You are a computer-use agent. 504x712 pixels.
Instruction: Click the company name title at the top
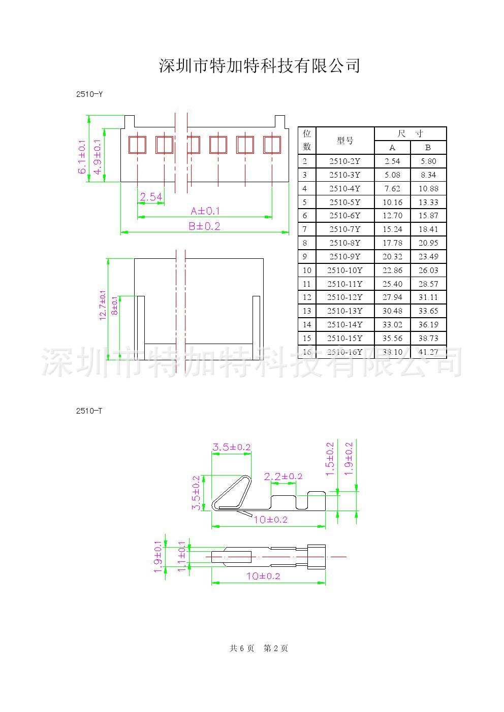260,65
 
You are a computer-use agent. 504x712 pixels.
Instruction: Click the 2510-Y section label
89,94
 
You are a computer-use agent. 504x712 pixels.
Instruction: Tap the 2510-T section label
89,411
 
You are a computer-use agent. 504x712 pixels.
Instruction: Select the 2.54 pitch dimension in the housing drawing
150,196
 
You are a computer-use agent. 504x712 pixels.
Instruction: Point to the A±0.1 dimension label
205,211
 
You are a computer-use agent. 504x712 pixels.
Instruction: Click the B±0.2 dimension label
204,226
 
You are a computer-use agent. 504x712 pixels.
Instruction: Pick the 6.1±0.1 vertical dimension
82,157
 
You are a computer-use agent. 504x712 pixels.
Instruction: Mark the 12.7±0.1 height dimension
103,305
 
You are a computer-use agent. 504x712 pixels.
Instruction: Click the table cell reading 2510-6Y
344,216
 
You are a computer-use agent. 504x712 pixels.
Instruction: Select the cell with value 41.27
428,352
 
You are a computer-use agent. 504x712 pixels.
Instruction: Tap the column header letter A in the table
392,148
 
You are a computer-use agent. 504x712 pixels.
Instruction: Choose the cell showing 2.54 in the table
392,161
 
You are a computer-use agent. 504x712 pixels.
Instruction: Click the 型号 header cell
344,141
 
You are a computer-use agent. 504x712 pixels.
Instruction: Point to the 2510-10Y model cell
344,270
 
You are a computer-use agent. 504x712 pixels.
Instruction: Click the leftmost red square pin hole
137,145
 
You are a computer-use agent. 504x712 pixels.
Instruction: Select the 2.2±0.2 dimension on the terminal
283,476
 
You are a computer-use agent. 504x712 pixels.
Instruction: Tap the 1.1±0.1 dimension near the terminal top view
181,556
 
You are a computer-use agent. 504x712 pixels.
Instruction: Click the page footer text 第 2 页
276,648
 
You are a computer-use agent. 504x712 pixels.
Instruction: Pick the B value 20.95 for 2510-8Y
428,243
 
